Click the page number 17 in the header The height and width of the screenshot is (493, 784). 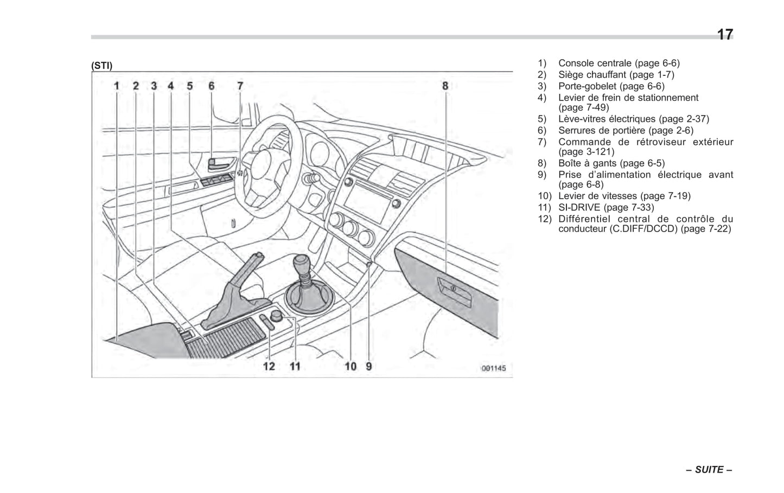coord(724,35)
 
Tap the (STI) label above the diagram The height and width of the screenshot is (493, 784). coord(102,66)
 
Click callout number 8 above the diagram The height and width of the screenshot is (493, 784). coord(445,86)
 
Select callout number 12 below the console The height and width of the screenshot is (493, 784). coord(269,366)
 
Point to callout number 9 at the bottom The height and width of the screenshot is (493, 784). coord(369,366)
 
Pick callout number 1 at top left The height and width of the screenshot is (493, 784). coord(117,86)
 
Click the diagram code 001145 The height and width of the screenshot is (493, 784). coord(493,368)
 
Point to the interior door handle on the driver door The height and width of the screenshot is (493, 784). coord(220,162)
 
